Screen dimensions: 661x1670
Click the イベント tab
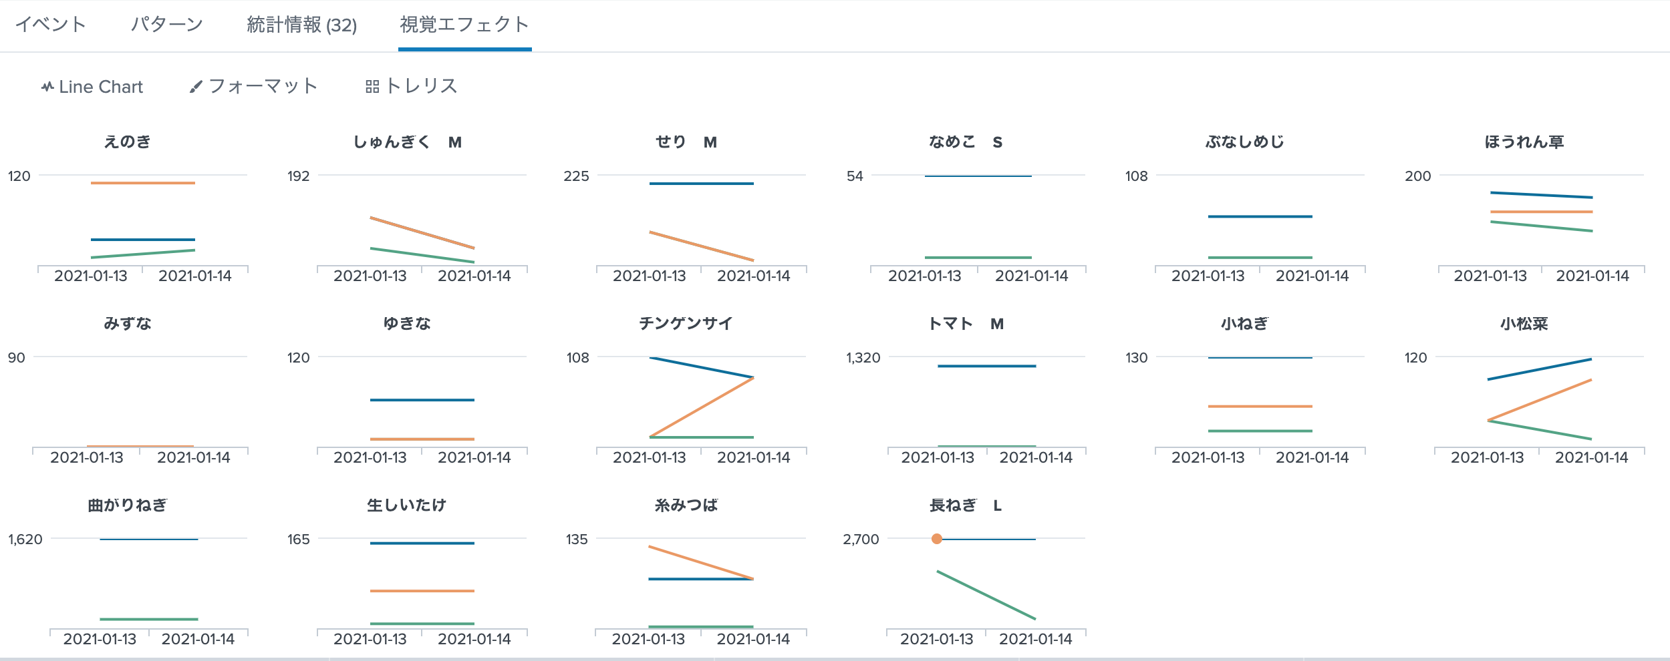click(x=51, y=25)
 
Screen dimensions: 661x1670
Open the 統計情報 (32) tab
click(x=301, y=25)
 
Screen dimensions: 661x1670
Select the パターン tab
click(x=166, y=25)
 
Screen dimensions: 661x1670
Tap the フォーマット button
click(x=253, y=87)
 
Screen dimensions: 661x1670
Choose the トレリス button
click(x=412, y=87)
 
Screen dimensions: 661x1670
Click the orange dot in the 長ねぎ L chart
click(x=937, y=539)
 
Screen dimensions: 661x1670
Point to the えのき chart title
click(x=128, y=142)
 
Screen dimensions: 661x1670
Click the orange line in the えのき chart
click(x=143, y=183)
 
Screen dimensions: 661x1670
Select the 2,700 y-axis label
click(x=861, y=539)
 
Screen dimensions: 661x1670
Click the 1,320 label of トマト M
click(x=863, y=358)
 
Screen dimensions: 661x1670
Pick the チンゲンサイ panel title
click(x=686, y=324)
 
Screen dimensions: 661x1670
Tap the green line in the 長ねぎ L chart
click(x=986, y=596)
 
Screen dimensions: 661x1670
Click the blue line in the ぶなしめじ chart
click(x=1260, y=216)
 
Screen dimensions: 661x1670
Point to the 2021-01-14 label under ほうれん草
click(x=1592, y=276)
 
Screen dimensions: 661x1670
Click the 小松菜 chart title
click(x=1524, y=324)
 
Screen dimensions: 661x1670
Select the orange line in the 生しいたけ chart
click(x=422, y=591)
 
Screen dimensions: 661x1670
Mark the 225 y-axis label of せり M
click(x=576, y=176)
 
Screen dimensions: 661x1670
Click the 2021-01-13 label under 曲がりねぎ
click(x=100, y=639)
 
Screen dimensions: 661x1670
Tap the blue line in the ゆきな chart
click(x=422, y=400)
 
